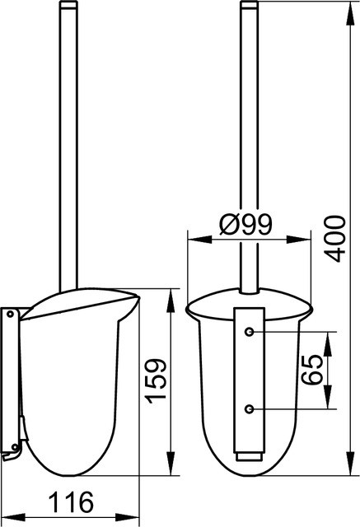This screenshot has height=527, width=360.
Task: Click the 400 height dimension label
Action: (336, 239)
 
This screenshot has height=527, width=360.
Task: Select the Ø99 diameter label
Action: (245, 225)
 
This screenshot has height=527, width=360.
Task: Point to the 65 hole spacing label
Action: (311, 370)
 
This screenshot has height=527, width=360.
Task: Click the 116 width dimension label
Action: (71, 501)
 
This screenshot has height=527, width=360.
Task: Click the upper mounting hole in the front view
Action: (249, 332)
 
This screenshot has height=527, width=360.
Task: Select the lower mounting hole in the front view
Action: (249, 409)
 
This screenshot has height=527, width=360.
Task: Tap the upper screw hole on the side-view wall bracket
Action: (11, 315)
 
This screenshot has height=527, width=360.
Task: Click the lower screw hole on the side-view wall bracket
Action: (15, 447)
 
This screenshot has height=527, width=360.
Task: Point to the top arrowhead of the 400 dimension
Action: (350, 12)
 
